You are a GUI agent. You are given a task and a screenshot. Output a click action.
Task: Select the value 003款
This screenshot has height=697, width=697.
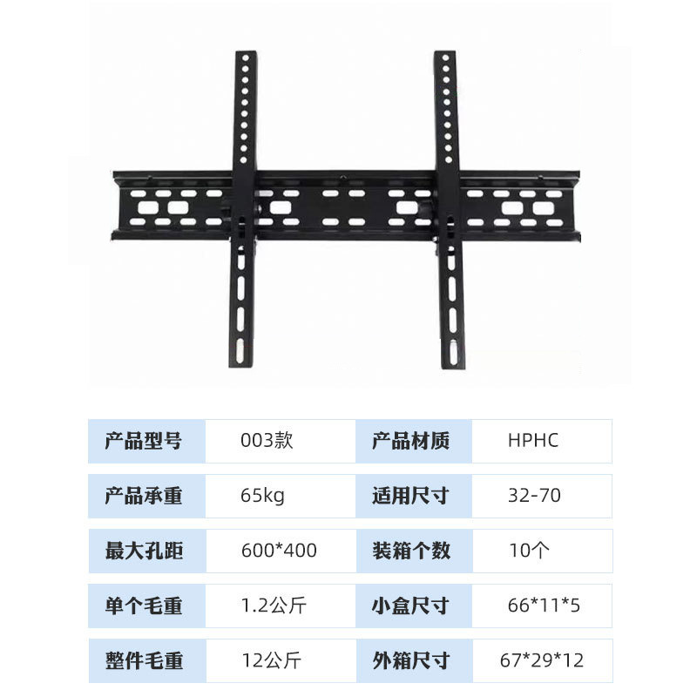coord(267,441)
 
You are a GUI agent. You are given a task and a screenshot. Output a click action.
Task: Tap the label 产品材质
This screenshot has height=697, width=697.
coord(410,441)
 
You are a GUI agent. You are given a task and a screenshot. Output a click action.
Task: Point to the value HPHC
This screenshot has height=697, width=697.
coord(532,441)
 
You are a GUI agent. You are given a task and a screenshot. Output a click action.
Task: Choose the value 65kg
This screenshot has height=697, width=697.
coord(262,497)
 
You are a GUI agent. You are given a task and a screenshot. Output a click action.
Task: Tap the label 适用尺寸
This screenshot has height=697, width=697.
coord(410,497)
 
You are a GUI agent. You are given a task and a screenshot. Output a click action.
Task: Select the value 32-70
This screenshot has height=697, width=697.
coord(534,497)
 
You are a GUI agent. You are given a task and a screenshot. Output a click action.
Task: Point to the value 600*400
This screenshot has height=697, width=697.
coord(279,551)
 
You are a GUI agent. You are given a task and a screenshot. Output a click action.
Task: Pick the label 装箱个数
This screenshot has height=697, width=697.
coord(410,551)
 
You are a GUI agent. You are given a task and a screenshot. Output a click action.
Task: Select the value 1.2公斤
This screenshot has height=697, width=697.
coord(274,606)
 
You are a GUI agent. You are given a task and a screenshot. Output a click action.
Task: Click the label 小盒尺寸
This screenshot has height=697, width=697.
coord(410,606)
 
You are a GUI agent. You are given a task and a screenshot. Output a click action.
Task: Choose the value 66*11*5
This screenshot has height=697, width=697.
coord(544,606)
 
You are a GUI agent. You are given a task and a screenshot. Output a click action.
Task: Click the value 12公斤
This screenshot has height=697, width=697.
coord(270,660)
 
